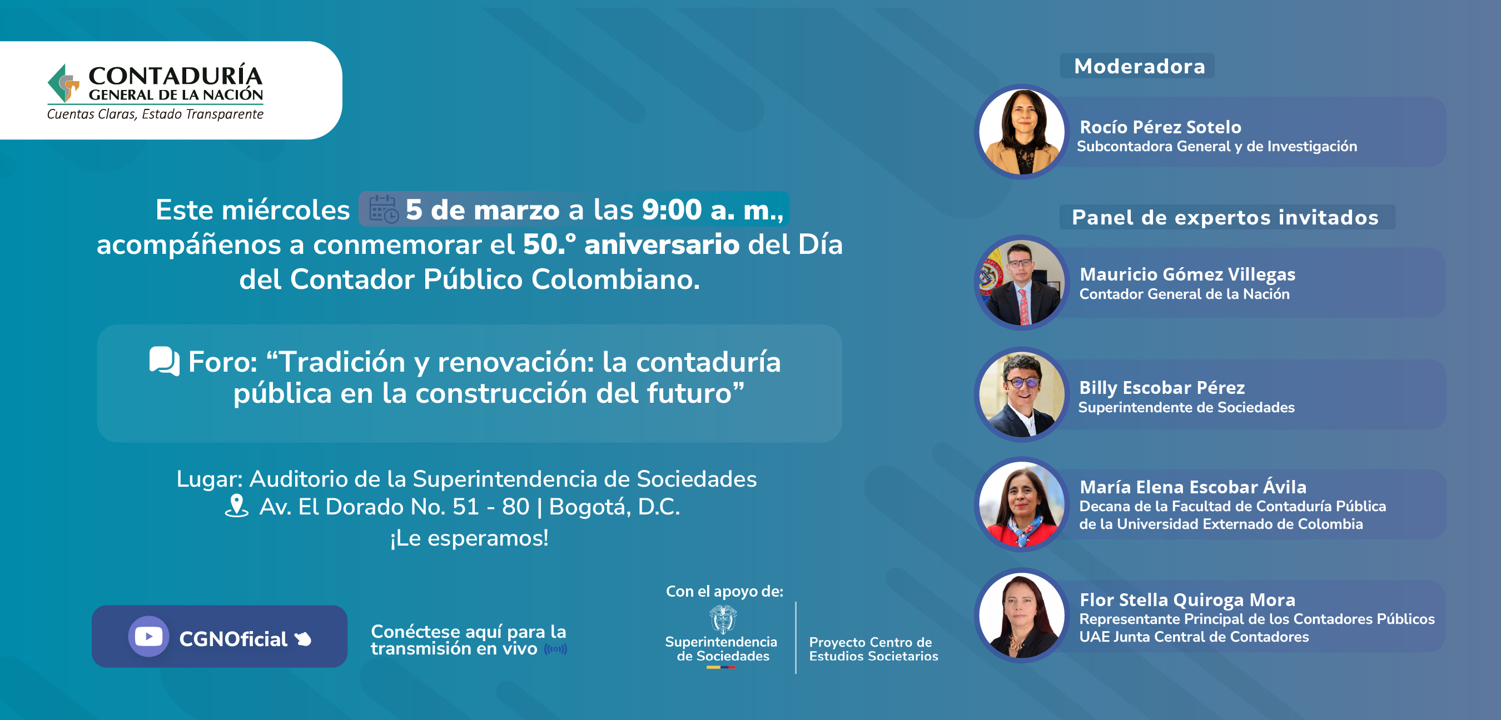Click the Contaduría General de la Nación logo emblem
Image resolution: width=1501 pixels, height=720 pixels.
(63, 83)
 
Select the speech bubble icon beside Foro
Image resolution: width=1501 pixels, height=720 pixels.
(165, 361)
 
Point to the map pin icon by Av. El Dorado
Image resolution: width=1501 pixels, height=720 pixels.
(237, 506)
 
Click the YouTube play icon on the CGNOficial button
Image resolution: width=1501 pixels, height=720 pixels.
(148, 636)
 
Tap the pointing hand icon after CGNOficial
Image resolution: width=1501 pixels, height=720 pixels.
(303, 639)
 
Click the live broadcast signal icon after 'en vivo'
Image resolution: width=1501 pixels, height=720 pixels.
(555, 649)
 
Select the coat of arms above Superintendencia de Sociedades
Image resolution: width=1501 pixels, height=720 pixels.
(723, 619)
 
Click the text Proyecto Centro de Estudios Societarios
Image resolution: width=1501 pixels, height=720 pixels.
(873, 649)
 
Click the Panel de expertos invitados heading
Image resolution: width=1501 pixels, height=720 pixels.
(1225, 217)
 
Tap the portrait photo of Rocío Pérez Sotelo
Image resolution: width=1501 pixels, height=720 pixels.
(1021, 132)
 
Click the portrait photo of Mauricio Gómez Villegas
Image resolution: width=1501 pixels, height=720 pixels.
(1021, 283)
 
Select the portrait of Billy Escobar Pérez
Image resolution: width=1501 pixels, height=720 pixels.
(1021, 394)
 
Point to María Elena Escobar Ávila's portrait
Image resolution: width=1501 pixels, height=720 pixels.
(1021, 504)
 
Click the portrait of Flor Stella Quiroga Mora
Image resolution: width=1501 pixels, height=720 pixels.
(1021, 616)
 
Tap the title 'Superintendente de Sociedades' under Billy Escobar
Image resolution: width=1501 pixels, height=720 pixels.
(1186, 407)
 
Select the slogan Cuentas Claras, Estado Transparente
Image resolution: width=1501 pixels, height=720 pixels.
(155, 114)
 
